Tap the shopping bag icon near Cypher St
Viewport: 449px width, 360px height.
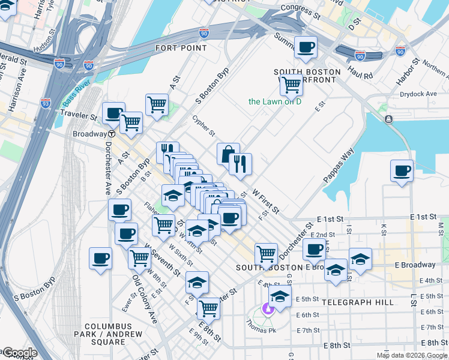tap(228, 154)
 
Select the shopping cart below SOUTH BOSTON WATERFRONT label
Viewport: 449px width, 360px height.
tap(291, 85)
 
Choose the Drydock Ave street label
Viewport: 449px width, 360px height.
tap(419, 94)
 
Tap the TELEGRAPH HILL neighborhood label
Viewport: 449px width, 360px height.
tap(358, 302)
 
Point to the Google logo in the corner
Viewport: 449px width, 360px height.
tap(19, 353)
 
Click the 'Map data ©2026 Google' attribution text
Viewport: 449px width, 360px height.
tap(412, 355)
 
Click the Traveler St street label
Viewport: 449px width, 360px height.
tap(78, 113)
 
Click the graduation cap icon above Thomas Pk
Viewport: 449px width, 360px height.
tap(279, 296)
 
